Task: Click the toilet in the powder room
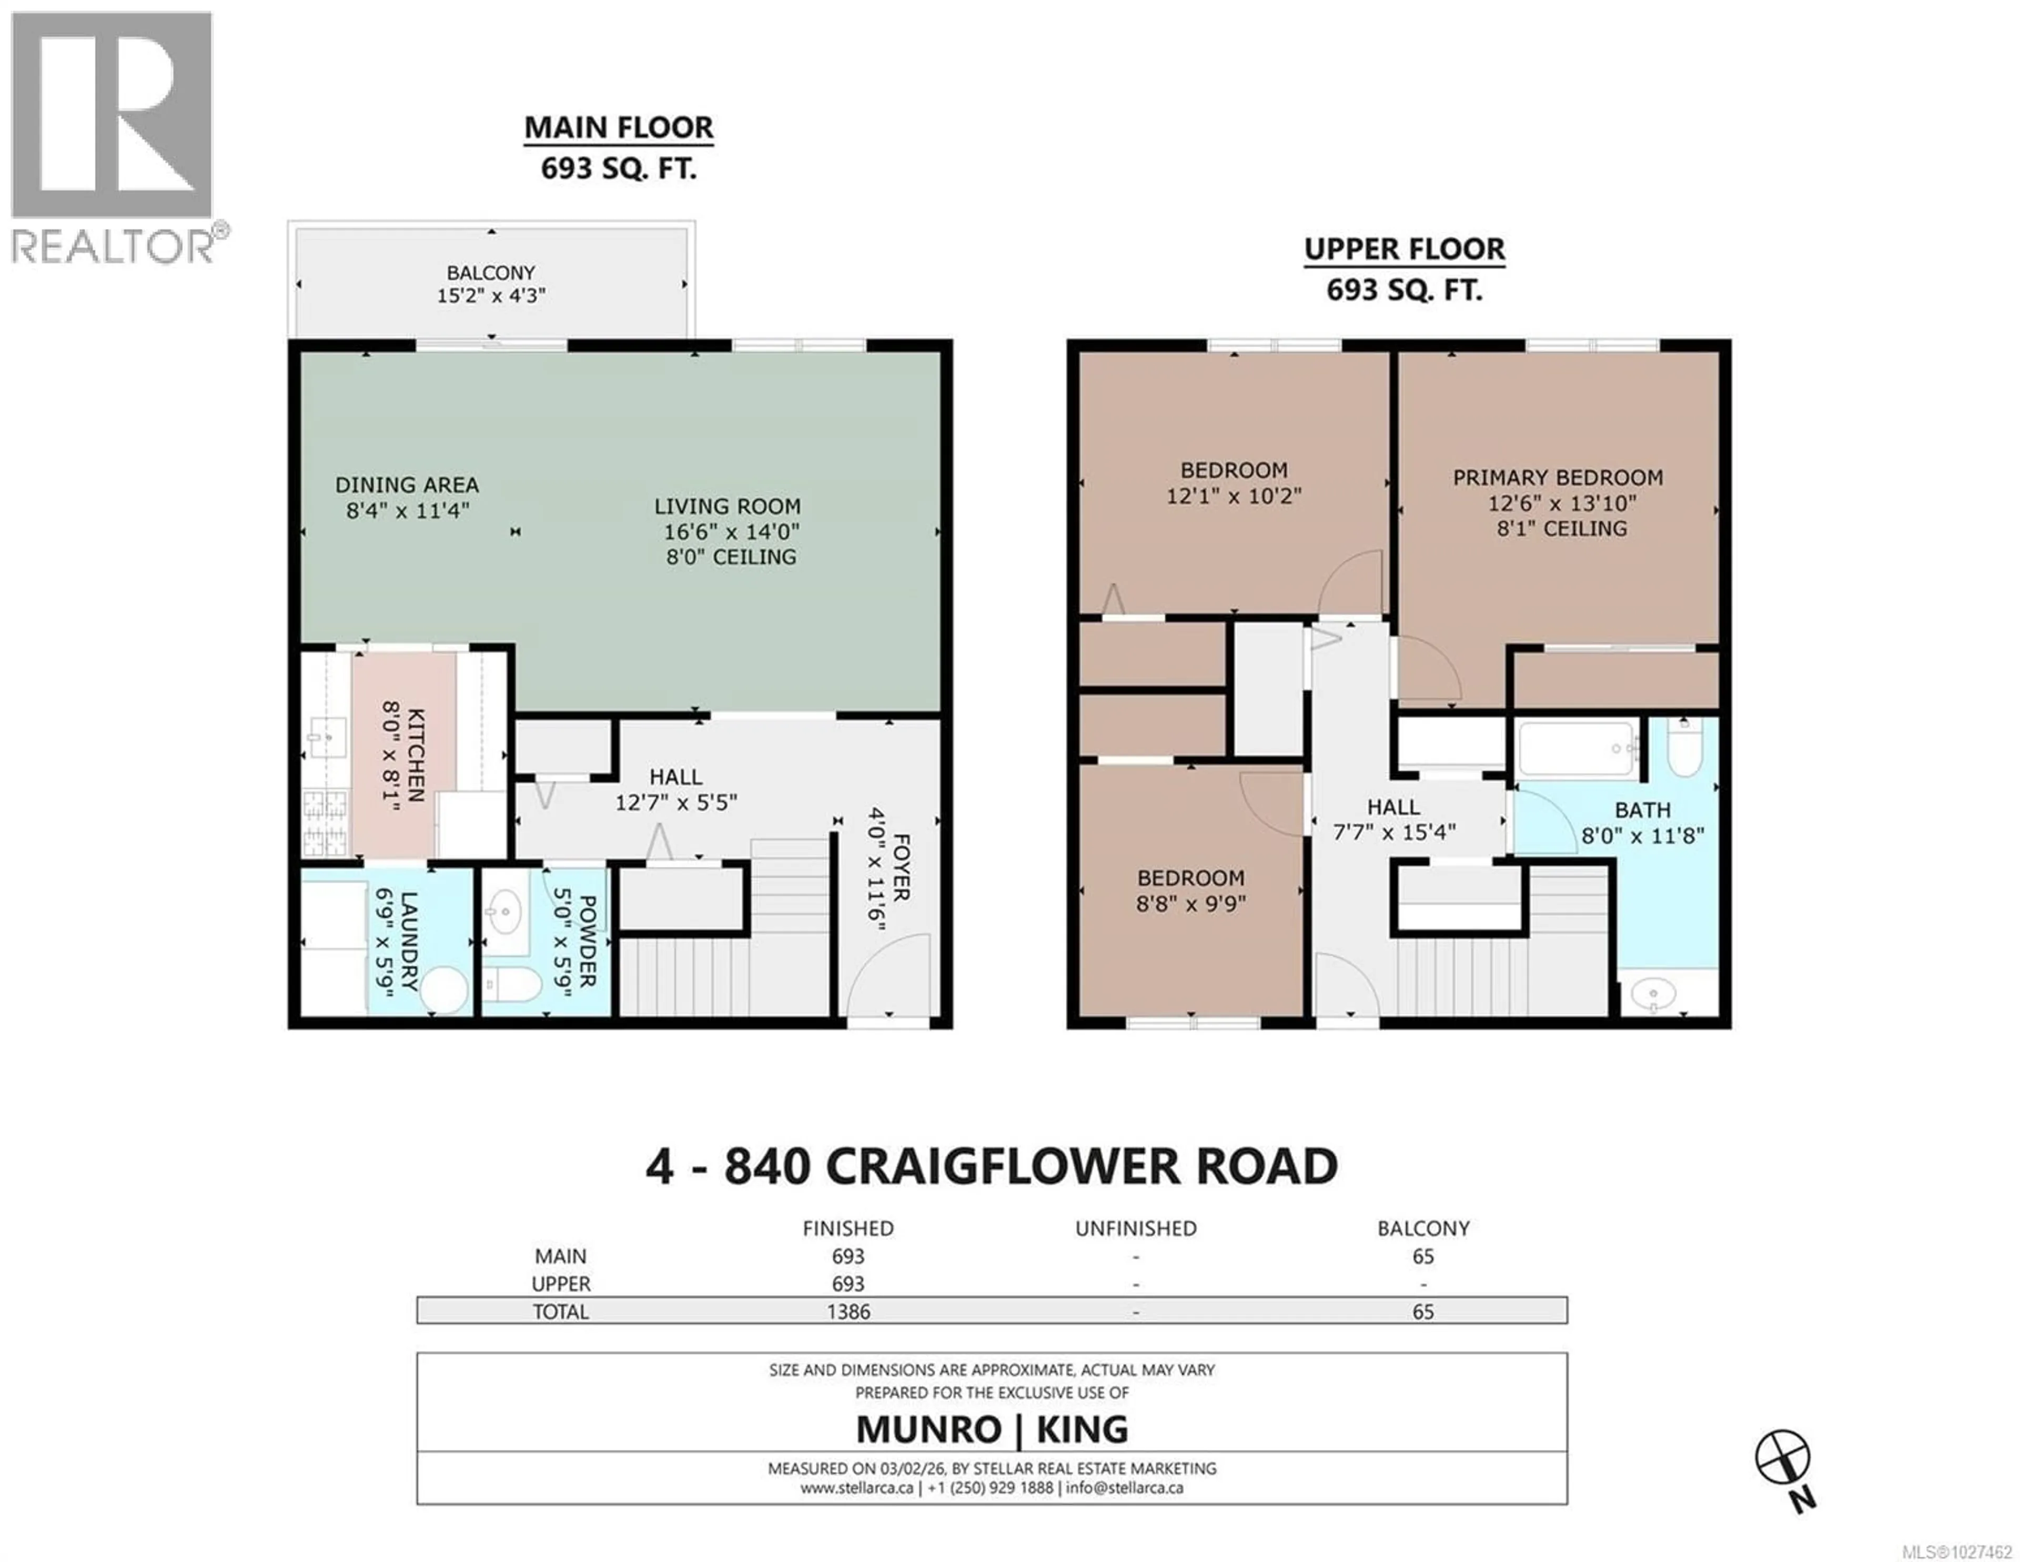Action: pyautogui.click(x=511, y=985)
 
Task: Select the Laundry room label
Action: pyautogui.click(x=408, y=943)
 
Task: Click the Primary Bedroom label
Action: pyautogui.click(x=1558, y=478)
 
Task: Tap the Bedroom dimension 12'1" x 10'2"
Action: pyautogui.click(x=1233, y=496)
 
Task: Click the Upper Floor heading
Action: pyautogui.click(x=1404, y=250)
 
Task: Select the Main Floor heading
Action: pyautogui.click(x=619, y=128)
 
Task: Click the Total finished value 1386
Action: pyautogui.click(x=848, y=1312)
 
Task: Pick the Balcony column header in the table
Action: pyautogui.click(x=1422, y=1228)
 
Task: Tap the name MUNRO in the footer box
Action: pyautogui.click(x=928, y=1430)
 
